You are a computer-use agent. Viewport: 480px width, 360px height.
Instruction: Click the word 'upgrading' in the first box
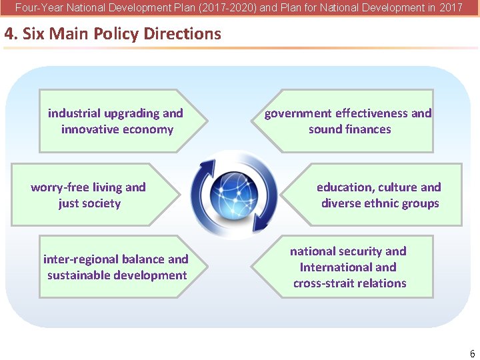[x=131, y=113]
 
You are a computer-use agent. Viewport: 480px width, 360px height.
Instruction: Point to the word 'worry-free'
[x=59, y=187]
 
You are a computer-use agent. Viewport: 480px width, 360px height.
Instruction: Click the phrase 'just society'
[x=89, y=203]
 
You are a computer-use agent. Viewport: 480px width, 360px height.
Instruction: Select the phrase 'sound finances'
[x=349, y=129]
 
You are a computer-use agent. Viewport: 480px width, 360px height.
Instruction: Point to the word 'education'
[x=345, y=187]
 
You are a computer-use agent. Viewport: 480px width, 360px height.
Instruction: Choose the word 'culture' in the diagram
[x=398, y=187]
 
